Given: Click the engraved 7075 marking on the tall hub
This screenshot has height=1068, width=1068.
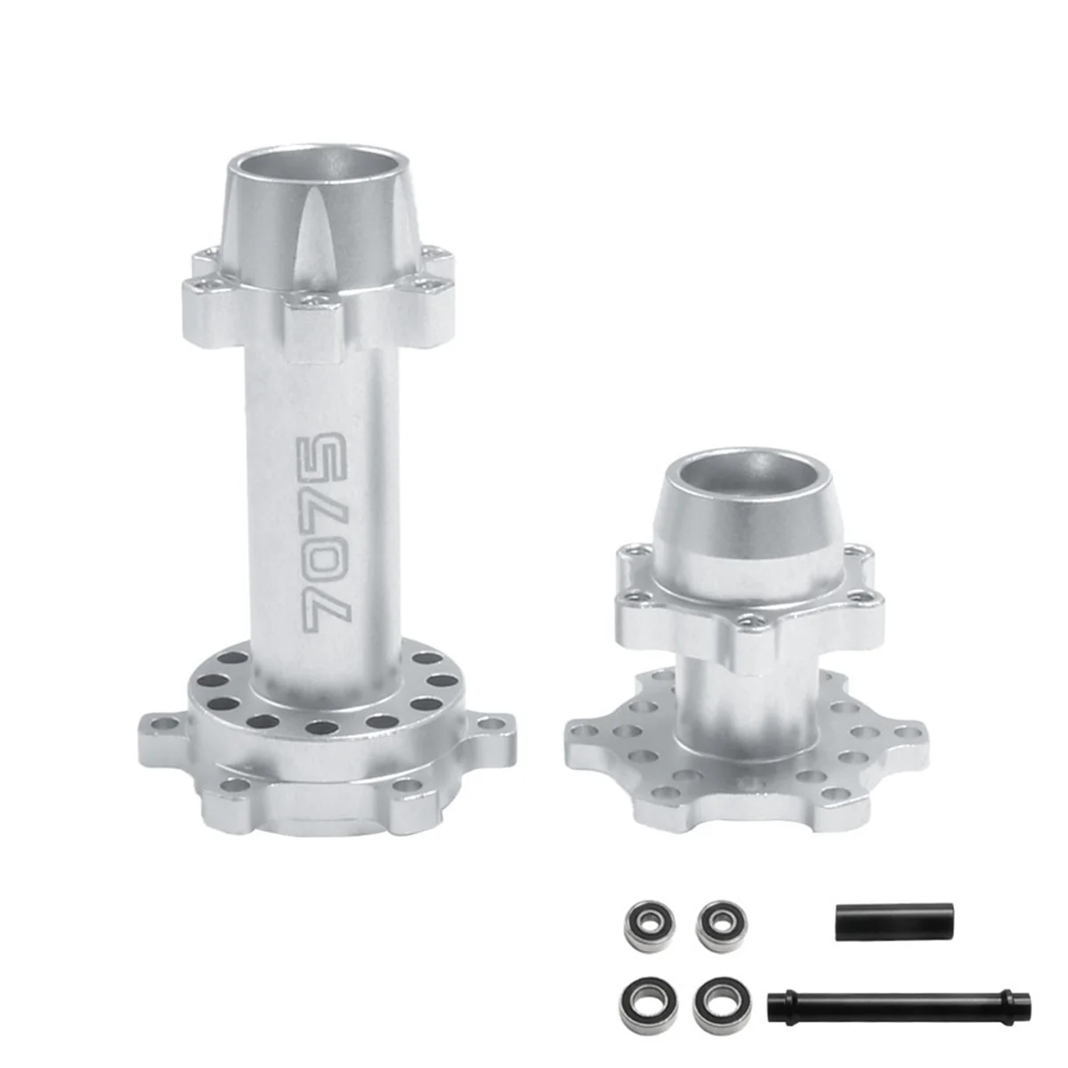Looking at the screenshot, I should (321, 534).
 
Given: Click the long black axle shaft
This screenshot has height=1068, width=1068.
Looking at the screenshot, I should (899, 1006).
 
